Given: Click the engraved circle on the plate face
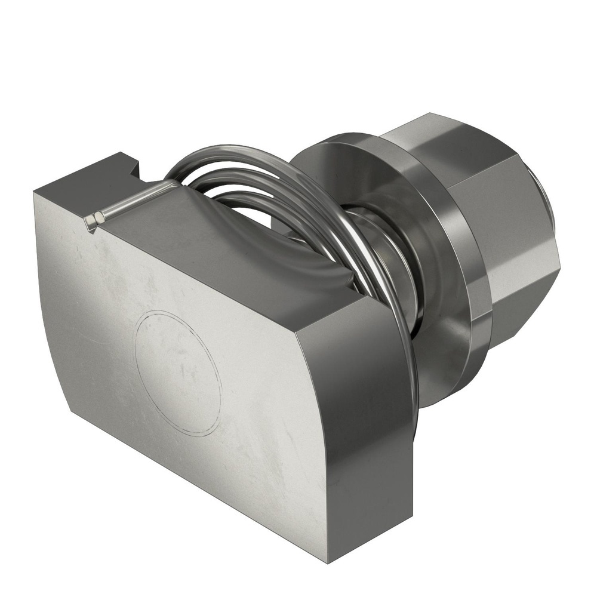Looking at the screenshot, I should pos(178,373).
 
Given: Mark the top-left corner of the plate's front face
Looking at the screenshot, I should pos(36,194).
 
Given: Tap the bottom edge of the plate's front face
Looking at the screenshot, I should pos(197,487).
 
